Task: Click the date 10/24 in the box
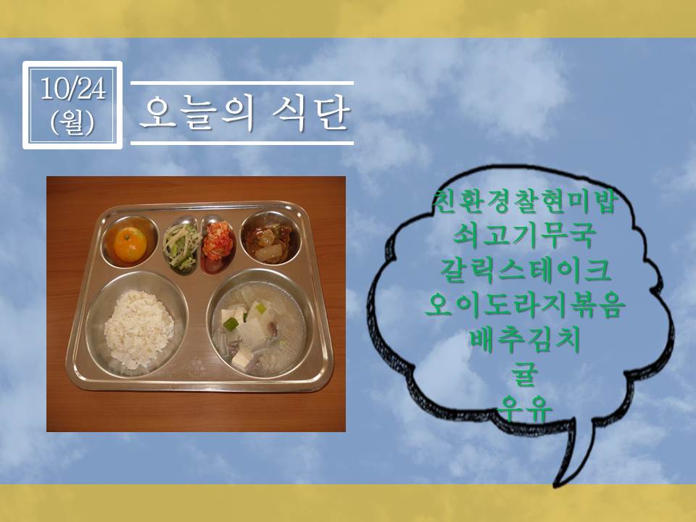73,88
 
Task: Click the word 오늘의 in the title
197,113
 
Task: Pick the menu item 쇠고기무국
523,236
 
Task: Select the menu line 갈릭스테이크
525,270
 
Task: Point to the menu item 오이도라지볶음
525,305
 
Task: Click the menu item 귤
525,374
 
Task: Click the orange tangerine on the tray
130,244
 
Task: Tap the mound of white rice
138,328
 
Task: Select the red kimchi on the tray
217,241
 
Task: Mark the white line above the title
242,83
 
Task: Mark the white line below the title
242,143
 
